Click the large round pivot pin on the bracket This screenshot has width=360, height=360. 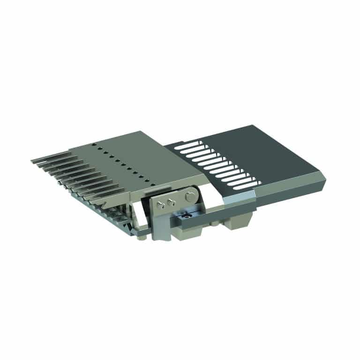190,194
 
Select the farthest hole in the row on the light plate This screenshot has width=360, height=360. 94,144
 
